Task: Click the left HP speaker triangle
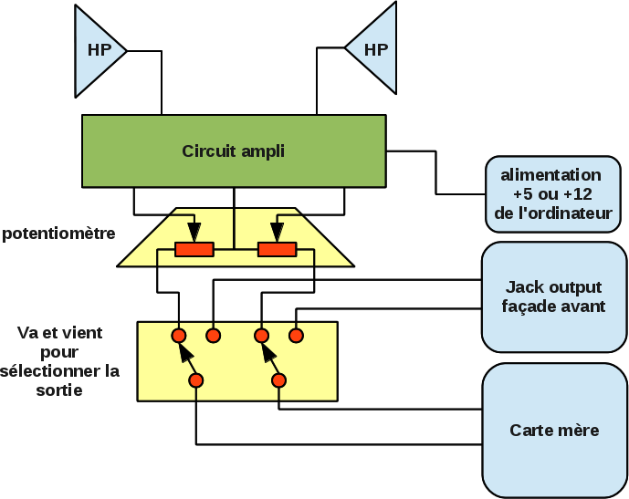[97, 50]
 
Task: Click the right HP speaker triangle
[374, 49]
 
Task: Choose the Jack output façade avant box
[553, 296]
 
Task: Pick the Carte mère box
[554, 430]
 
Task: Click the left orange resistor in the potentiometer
[194, 250]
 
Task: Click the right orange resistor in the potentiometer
[278, 250]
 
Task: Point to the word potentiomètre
[58, 234]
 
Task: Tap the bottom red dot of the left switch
[195, 379]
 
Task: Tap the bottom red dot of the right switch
[278, 379]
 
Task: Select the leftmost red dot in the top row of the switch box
[179, 335]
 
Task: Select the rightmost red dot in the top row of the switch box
[296, 335]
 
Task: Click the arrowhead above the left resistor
[194, 232]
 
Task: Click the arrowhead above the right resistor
[278, 232]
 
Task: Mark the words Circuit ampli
[233, 151]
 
